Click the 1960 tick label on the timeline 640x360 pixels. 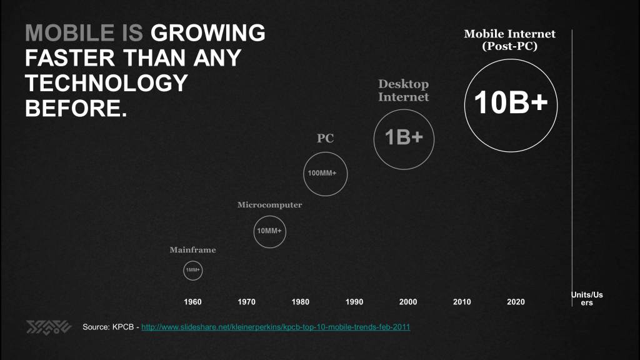[x=192, y=302]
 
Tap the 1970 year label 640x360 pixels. [x=246, y=302]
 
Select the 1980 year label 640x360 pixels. [x=300, y=302]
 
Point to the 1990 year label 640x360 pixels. [x=354, y=302]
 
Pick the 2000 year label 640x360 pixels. [x=407, y=302]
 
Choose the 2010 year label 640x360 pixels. [x=462, y=302]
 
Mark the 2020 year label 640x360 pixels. [x=516, y=302]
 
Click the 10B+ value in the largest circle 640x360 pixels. [x=511, y=103]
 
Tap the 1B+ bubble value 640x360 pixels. [x=404, y=138]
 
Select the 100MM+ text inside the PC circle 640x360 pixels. [x=325, y=173]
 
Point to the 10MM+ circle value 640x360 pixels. [x=269, y=231]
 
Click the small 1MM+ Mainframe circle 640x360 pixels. [x=192, y=271]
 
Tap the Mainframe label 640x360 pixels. [x=192, y=250]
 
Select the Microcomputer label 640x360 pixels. [x=269, y=205]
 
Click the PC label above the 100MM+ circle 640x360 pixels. [x=325, y=139]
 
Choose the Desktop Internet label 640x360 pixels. [x=403, y=91]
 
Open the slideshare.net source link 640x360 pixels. [x=276, y=327]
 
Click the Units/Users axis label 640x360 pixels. [x=587, y=298]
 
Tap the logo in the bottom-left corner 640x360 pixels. [x=48, y=327]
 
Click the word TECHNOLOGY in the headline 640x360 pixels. [x=106, y=83]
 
